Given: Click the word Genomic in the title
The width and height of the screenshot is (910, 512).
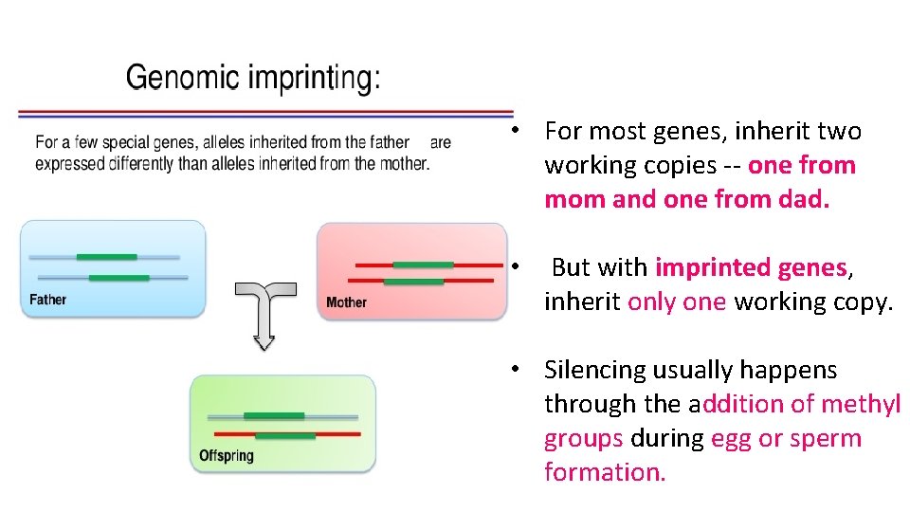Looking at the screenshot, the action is (181, 77).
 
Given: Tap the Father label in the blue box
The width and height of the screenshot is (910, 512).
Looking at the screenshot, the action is (48, 300).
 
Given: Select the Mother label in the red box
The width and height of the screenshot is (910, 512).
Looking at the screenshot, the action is (346, 302).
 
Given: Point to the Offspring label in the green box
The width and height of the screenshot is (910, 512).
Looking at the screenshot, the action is (227, 456).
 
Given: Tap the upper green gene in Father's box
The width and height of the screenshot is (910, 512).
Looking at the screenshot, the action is (106, 257).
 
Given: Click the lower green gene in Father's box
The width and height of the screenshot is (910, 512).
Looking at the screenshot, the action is (118, 278).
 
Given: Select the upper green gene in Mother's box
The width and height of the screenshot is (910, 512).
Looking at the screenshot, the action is (423, 265).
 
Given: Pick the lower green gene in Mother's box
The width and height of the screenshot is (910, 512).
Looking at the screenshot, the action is (413, 282).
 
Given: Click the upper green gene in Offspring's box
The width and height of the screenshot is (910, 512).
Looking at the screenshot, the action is (274, 415).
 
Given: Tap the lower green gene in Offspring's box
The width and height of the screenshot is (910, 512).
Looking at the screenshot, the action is (285, 435).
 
